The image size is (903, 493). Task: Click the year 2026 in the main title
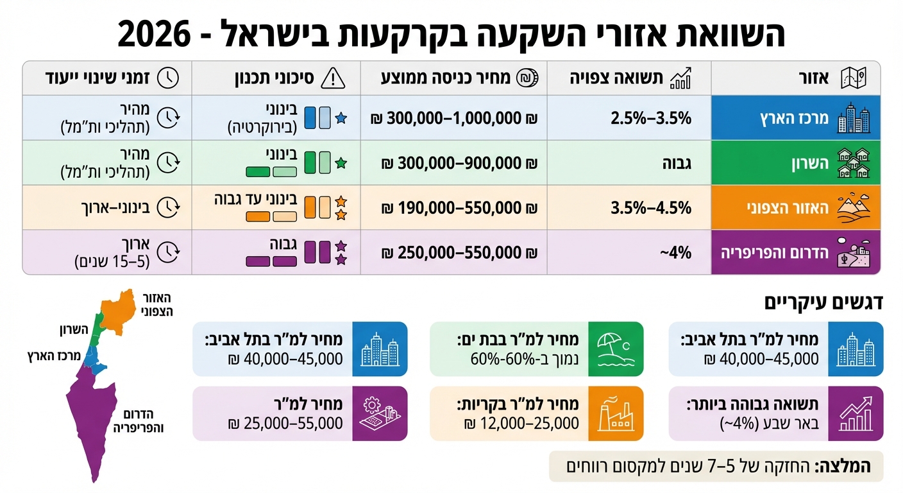pos(155,33)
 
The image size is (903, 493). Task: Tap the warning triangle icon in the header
pos(332,78)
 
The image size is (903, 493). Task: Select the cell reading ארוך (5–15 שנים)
pos(112,253)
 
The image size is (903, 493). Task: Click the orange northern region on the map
pos(119,312)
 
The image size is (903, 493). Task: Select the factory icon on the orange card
pos(613,413)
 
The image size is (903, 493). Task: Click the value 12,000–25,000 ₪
pos(520,423)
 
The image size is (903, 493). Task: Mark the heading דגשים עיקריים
pos(823,303)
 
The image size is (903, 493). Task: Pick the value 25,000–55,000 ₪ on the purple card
pos(285,423)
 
